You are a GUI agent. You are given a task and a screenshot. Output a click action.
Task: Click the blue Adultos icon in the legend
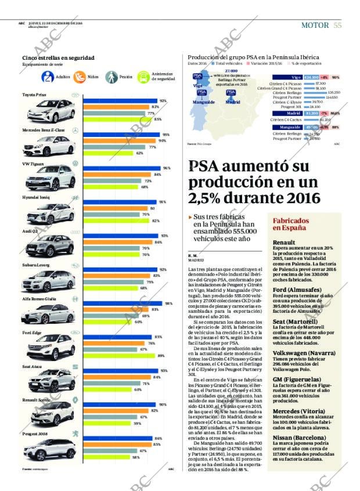tap(48, 77)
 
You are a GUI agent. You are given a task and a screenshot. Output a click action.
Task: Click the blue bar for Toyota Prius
tap(120, 101)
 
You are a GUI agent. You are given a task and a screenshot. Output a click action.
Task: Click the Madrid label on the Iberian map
tap(232, 101)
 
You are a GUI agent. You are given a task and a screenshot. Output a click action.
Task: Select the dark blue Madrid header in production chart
tap(294, 113)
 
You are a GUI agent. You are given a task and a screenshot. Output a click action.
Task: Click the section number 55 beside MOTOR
tap(337, 25)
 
